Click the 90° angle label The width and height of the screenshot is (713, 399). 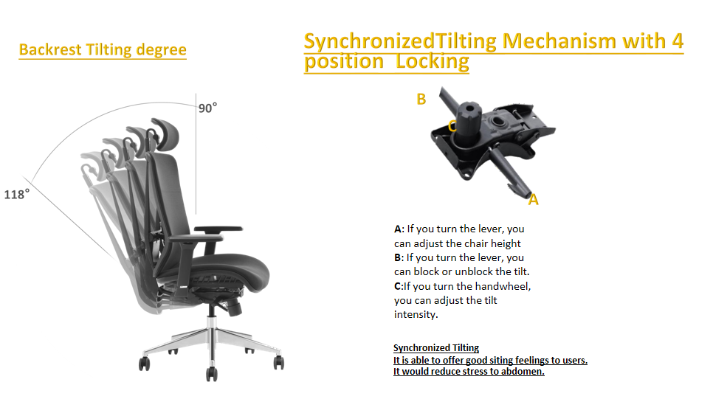(x=208, y=108)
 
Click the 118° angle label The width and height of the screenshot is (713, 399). (x=17, y=195)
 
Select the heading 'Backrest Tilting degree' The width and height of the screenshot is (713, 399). (x=103, y=49)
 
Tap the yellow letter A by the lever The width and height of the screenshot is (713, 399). (x=534, y=199)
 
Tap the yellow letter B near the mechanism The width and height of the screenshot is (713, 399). (x=421, y=99)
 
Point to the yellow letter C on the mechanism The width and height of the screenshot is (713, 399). (x=452, y=125)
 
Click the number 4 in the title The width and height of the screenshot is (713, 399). (x=678, y=41)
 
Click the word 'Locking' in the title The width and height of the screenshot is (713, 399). (x=432, y=62)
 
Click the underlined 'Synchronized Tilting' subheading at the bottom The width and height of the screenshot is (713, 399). (x=436, y=348)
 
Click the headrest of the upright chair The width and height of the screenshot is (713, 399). (x=167, y=133)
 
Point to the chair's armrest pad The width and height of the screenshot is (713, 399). (x=218, y=229)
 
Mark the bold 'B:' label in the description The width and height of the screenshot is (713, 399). (x=399, y=257)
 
